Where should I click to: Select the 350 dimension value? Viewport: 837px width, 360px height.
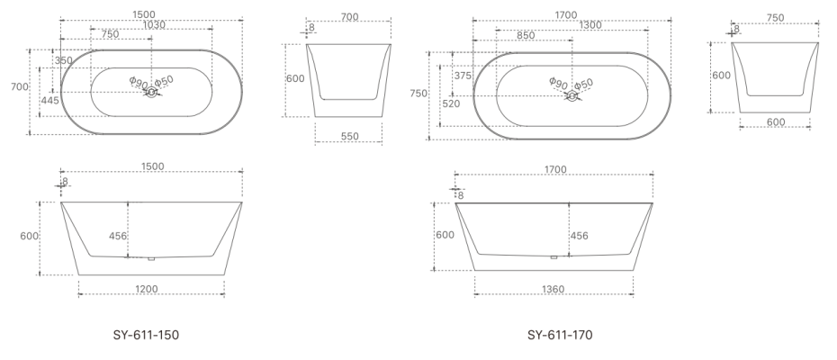point(64,61)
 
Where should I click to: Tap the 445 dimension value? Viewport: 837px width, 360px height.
point(50,101)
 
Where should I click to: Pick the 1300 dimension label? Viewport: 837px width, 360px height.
point(591,25)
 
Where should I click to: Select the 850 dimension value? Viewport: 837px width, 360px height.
point(526,36)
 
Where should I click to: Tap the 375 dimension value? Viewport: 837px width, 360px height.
point(463,76)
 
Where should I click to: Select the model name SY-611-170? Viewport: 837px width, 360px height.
point(560,336)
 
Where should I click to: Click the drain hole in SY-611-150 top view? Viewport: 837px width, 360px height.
point(151,93)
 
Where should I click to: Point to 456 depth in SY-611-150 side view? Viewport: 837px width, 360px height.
point(118,237)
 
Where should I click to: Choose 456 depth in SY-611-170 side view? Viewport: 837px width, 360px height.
point(580,236)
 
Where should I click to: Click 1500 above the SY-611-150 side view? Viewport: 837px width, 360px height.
point(152,166)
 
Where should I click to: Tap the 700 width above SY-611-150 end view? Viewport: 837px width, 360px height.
point(350,16)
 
